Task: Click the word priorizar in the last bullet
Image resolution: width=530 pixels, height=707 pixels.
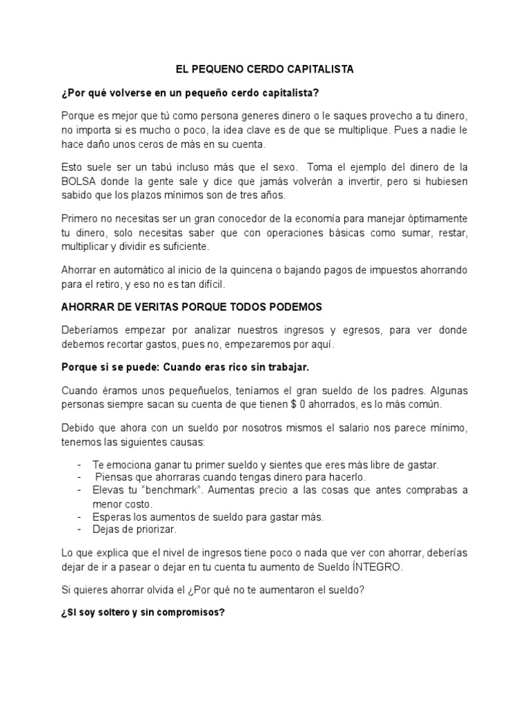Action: (x=155, y=530)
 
